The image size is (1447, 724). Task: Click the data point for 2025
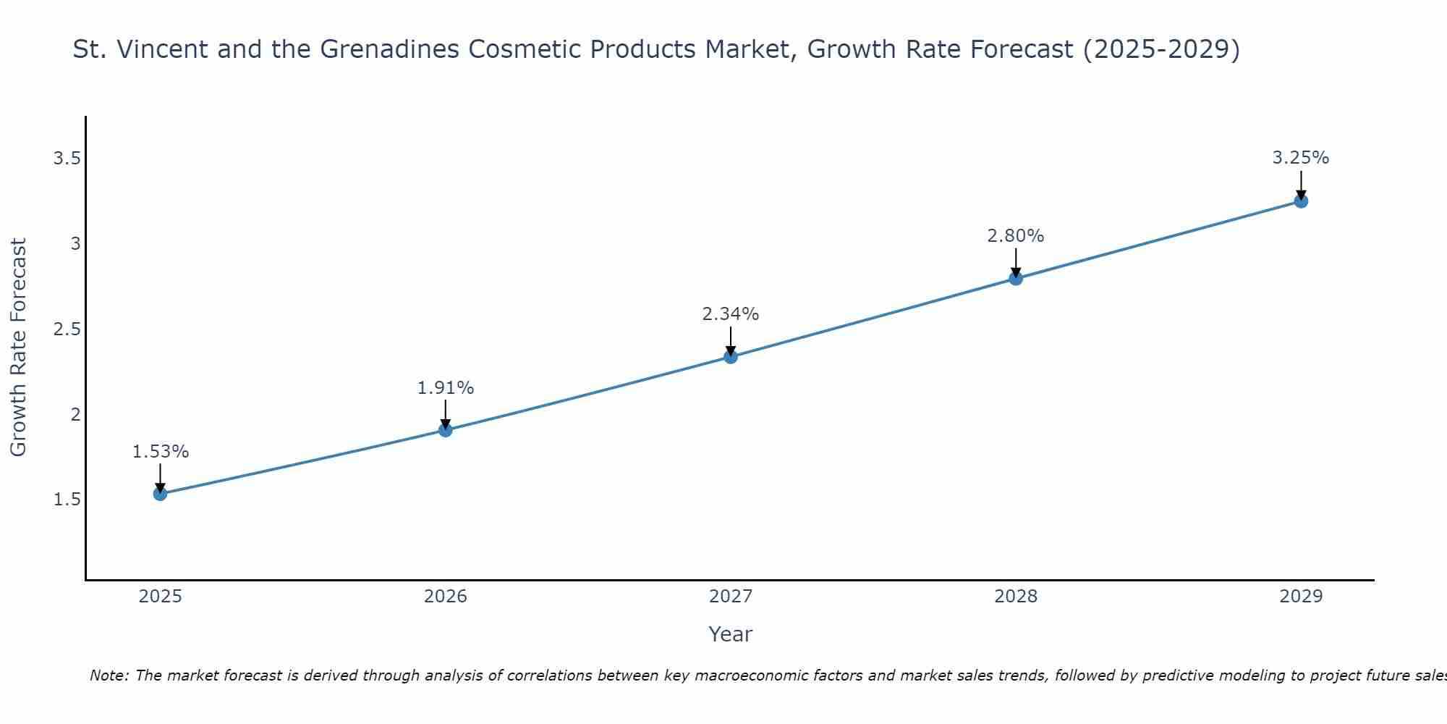point(160,494)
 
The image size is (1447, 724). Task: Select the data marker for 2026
point(445,430)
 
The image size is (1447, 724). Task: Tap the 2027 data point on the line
point(730,356)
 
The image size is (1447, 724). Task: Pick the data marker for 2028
point(1015,278)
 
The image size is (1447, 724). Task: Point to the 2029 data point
point(1300,201)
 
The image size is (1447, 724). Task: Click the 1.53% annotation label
point(160,452)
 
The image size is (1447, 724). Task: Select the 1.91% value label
point(445,388)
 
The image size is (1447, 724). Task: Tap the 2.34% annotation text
point(730,314)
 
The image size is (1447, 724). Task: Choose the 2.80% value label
point(1015,236)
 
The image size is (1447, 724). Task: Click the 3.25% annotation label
point(1300,158)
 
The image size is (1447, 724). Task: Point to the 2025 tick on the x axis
point(160,597)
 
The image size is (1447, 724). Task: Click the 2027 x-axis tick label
point(730,597)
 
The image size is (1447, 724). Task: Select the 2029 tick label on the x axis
point(1300,597)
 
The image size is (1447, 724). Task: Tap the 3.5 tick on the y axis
point(67,159)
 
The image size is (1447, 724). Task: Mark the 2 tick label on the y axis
point(75,415)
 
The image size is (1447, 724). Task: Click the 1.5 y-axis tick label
point(67,500)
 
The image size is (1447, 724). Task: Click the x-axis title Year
point(730,634)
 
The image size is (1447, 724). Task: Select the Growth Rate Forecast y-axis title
point(18,348)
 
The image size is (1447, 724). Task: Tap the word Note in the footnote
point(109,675)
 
